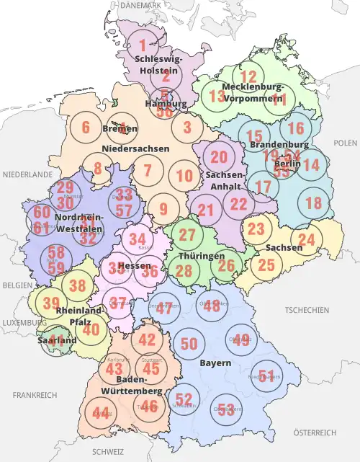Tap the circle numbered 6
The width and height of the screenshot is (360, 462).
[x=86, y=128]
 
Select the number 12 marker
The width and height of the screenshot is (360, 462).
[x=248, y=77]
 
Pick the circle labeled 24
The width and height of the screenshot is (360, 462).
[x=307, y=240]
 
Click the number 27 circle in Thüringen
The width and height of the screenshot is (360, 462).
[x=187, y=235]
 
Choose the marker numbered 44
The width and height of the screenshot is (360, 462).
[x=100, y=413]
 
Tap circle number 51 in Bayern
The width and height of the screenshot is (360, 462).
[x=266, y=375]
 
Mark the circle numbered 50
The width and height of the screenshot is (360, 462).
[x=189, y=344]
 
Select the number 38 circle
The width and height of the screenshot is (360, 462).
[x=77, y=285]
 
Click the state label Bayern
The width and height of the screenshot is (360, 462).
[x=216, y=363]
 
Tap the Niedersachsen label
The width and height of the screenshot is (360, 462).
[x=135, y=148]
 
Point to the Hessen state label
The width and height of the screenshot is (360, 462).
[x=134, y=265]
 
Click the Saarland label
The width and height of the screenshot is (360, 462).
[x=57, y=340]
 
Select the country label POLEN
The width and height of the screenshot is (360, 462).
[x=345, y=144]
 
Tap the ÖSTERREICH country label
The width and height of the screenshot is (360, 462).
[x=315, y=432]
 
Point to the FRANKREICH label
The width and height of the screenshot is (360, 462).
[x=35, y=395]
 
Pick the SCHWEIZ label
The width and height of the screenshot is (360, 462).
[x=108, y=452]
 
